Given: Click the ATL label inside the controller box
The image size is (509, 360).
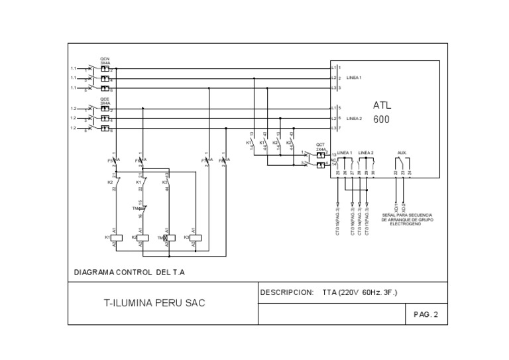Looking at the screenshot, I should tap(382, 105).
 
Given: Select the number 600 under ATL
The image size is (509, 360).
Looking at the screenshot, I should tap(381, 119).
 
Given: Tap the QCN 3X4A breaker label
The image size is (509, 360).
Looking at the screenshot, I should tap(105, 60).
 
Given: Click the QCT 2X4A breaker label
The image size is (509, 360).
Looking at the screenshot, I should tap(320, 147).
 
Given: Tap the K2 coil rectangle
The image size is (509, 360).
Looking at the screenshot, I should tap(142, 237).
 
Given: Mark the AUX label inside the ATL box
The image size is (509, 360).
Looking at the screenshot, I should tap(402, 152).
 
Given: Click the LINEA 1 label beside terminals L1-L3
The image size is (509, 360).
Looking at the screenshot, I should tap(354, 78).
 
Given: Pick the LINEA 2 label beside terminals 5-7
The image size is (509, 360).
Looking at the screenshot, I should tap(354, 118).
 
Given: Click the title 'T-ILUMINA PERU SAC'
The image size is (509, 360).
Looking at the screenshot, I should tap(154, 303).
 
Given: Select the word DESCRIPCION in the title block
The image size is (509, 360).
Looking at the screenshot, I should tap(286, 292).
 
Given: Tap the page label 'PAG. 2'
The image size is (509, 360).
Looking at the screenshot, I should tap(425, 315).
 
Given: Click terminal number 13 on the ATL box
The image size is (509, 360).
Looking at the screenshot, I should tap(334, 154).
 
